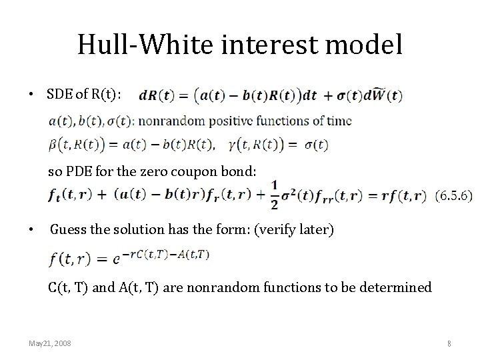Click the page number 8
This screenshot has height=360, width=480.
(449, 343)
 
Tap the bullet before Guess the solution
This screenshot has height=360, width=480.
(31, 231)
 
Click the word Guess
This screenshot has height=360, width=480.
(68, 230)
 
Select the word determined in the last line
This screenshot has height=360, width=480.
(396, 287)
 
